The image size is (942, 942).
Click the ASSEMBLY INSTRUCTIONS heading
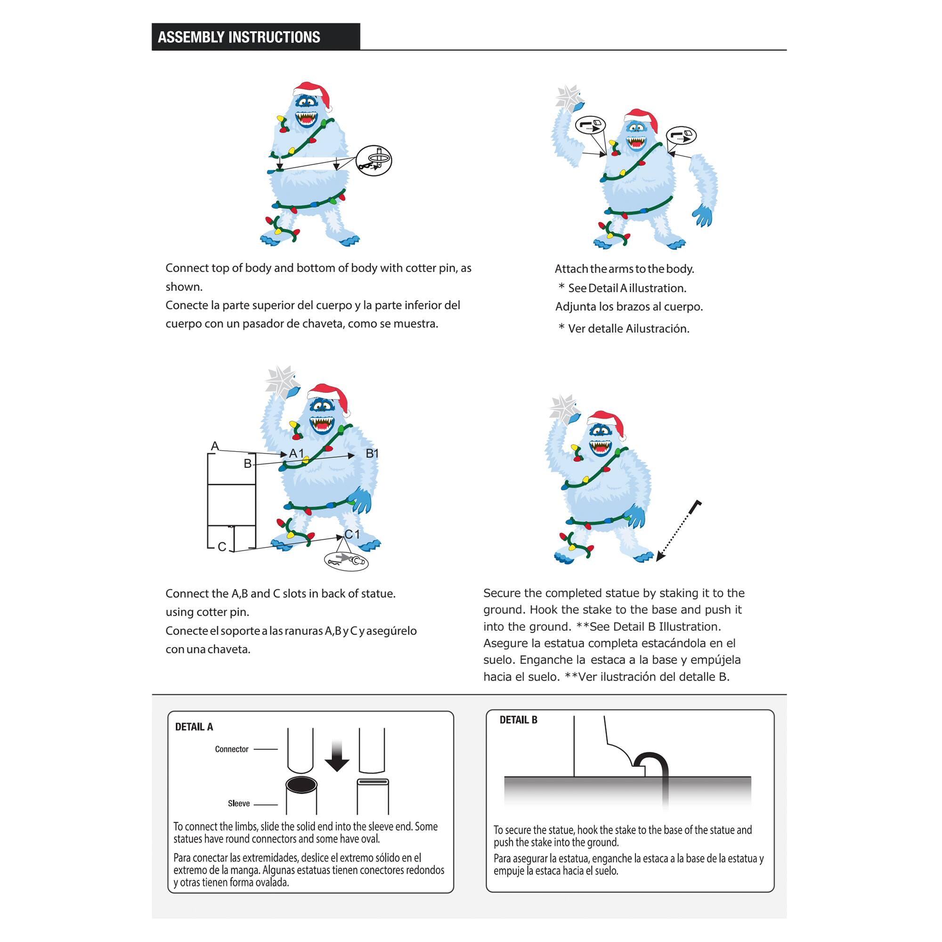(239, 37)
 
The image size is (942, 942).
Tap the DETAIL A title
(194, 727)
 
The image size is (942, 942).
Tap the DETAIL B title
(518, 720)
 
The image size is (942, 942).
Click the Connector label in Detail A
(232, 749)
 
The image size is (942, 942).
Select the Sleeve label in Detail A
(238, 804)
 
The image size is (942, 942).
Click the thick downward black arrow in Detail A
(337, 755)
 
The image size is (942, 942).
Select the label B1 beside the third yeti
(372, 454)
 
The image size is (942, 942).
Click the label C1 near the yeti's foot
(352, 535)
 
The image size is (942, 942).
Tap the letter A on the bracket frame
(214, 446)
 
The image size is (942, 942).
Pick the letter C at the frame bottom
(221, 547)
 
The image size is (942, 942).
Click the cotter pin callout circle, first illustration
(374, 161)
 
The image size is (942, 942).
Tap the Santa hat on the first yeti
(313, 93)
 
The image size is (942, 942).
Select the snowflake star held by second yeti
(568, 97)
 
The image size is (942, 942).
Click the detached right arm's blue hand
(703, 215)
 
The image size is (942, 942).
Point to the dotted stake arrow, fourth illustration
(678, 531)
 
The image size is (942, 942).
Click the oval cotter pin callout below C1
(346, 560)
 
